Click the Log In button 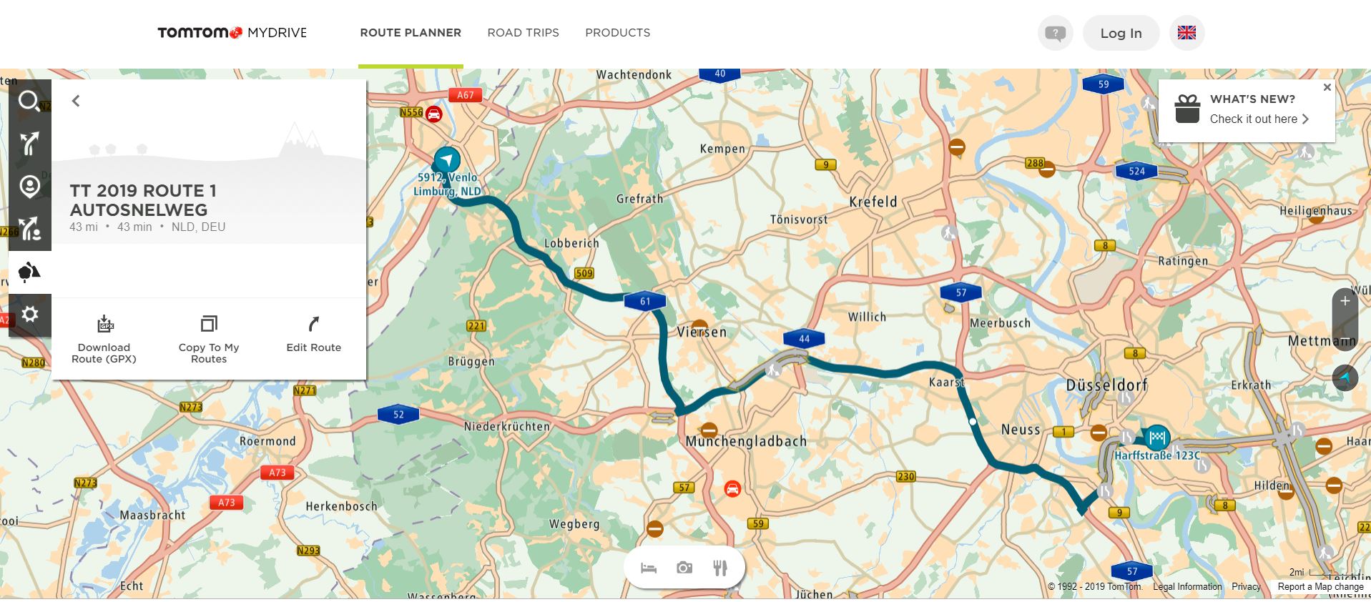[1120, 33]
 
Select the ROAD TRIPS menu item [523, 33]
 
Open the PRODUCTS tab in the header [617, 33]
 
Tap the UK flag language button [1186, 33]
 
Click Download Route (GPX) [104, 340]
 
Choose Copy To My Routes [209, 340]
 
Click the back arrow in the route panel [76, 101]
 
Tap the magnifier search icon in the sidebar [29, 102]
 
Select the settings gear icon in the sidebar [29, 314]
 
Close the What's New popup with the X [1327, 87]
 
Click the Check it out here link [1259, 119]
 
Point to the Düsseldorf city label [1106, 385]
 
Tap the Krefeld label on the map [873, 202]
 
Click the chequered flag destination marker [1156, 436]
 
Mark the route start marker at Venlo [447, 159]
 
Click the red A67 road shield [465, 95]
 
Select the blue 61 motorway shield [645, 301]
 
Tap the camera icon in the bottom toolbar [684, 568]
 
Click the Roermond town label [267, 441]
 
